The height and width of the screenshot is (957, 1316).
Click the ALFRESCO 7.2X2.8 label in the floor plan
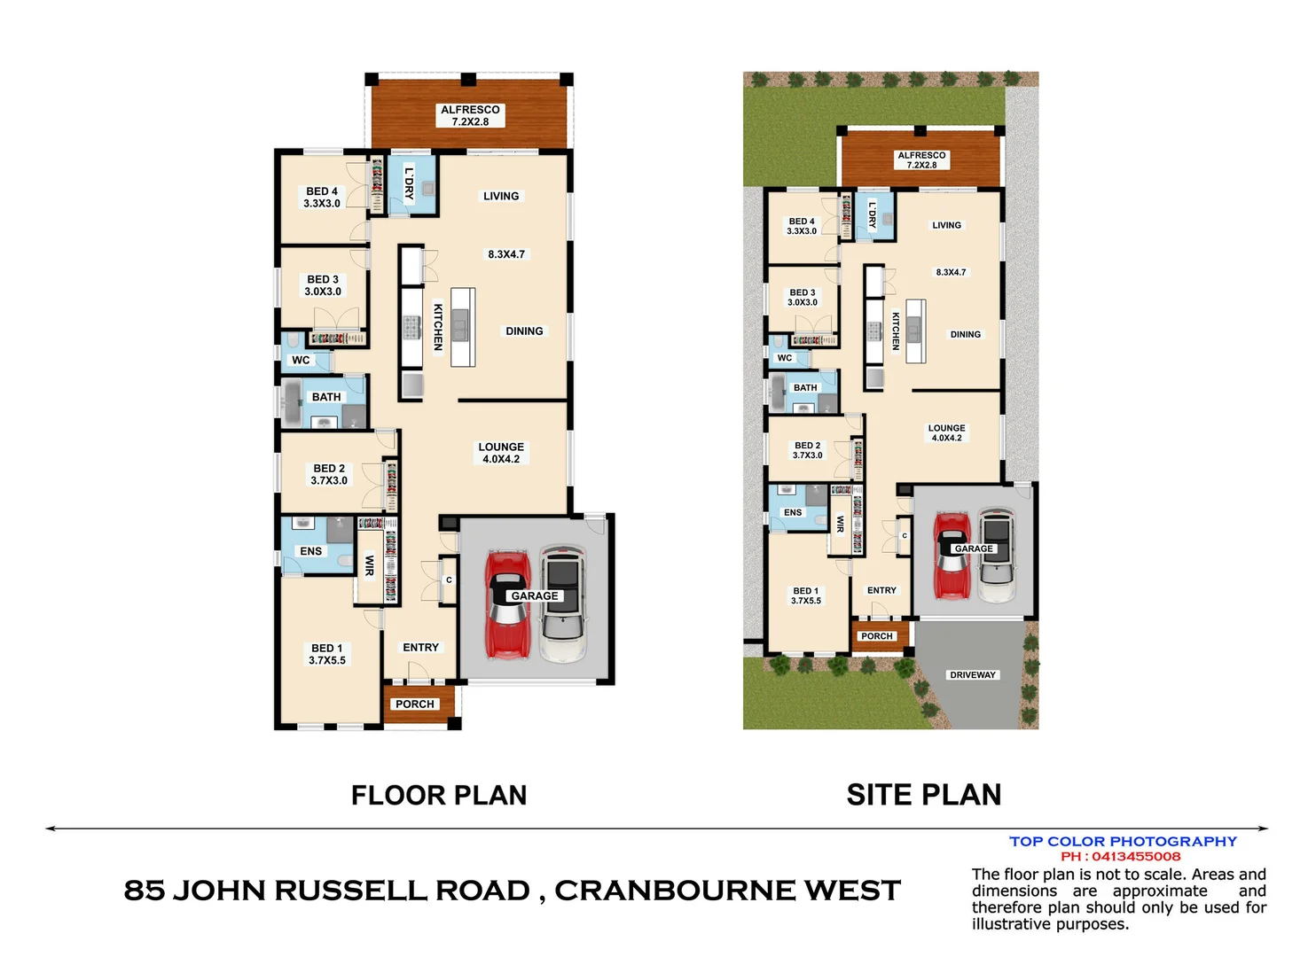(470, 115)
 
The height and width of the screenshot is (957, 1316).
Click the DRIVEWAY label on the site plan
(973, 675)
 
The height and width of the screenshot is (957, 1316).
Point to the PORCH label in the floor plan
(415, 704)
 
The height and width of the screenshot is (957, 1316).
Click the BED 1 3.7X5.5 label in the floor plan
(327, 654)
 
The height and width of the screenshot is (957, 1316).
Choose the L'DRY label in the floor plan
(409, 183)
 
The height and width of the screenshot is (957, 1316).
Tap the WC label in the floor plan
(301, 360)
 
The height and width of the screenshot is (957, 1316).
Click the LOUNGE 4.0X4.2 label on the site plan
(946, 432)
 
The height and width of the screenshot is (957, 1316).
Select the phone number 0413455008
(1136, 857)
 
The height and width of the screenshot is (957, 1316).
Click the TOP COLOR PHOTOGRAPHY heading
(1123, 841)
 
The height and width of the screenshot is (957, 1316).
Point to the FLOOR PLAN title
(439, 795)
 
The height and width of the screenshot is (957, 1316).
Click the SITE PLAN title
(923, 795)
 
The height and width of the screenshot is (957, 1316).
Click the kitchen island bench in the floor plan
(462, 327)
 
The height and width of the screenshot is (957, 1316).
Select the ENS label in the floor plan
(310, 551)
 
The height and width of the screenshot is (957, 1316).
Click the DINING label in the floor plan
(524, 331)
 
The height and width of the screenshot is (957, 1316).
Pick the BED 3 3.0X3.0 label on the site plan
(803, 297)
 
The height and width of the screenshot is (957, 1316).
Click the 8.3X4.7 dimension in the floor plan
(506, 254)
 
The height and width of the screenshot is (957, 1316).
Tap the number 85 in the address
(144, 891)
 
